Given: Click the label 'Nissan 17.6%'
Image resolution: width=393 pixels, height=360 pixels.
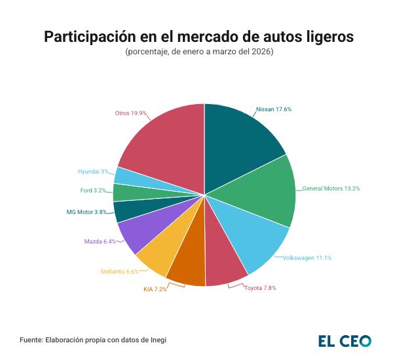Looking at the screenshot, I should point(273,109).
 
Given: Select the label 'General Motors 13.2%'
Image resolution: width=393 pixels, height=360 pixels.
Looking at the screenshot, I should point(331,189).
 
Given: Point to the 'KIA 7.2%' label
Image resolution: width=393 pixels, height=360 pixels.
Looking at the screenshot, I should point(155,289).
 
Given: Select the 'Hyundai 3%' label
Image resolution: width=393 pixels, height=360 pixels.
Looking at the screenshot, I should point(93,171).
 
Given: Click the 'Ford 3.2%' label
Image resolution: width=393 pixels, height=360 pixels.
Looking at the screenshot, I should point(93,190).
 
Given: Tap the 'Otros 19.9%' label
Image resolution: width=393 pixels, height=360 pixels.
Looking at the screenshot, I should point(130,113).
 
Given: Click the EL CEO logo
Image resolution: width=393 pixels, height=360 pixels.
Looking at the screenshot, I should point(345,340).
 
